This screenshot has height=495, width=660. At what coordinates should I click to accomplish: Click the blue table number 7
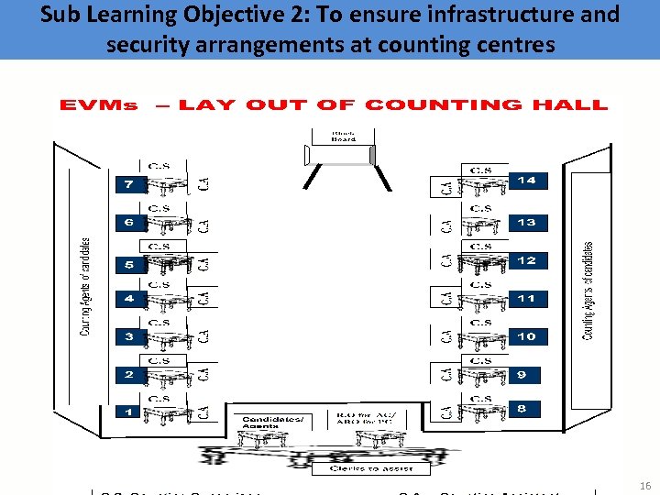[x=129, y=185]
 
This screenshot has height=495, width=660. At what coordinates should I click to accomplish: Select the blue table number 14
[x=526, y=181]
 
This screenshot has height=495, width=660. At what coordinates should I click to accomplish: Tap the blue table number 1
[x=129, y=412]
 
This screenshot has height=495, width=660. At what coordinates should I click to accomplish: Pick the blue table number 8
[x=522, y=409]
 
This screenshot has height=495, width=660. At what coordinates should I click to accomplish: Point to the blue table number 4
[x=129, y=299]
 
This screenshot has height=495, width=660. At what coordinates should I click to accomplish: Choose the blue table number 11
[x=526, y=299]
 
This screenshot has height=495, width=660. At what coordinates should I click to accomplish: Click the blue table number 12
[x=526, y=260]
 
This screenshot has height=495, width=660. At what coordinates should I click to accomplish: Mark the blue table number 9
[x=522, y=375]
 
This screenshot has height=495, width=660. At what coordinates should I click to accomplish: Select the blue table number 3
[x=129, y=337]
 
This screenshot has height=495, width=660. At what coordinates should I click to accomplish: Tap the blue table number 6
[x=129, y=223]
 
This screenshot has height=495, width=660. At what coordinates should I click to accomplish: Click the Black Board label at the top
[x=344, y=136]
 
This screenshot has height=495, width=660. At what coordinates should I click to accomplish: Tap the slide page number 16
[x=644, y=484]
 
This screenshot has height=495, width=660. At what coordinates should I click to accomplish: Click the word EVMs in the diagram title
[x=98, y=104]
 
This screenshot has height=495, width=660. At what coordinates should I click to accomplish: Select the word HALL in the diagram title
[x=575, y=104]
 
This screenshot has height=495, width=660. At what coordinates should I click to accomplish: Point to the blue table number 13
[x=526, y=223]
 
